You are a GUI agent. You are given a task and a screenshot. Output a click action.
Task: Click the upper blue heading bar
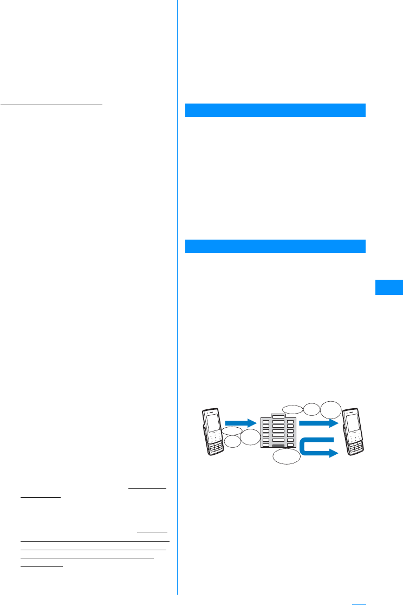(275, 110)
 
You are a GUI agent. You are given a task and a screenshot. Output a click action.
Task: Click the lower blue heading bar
(275, 246)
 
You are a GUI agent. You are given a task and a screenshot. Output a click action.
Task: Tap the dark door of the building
(278, 446)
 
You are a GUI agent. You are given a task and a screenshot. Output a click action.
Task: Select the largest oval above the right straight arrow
(330, 409)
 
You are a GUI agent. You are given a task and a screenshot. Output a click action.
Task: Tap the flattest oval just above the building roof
(292, 409)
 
